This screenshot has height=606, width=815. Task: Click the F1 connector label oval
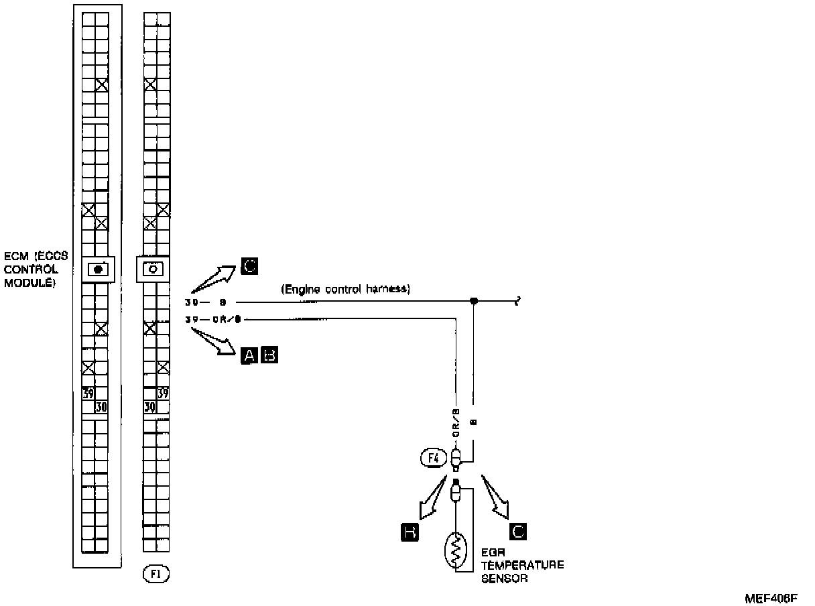click(155, 574)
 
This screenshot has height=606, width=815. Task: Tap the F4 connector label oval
click(433, 459)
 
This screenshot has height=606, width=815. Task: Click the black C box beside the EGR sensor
click(518, 532)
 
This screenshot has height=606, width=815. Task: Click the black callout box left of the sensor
click(410, 532)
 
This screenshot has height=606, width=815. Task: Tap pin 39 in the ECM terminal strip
click(88, 393)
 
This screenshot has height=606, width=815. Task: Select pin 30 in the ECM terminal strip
click(101, 406)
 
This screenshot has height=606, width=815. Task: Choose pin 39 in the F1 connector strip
click(163, 393)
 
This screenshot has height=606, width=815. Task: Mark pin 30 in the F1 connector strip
click(149, 406)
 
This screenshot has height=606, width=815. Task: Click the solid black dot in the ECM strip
click(99, 269)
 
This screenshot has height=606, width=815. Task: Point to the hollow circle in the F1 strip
click(153, 269)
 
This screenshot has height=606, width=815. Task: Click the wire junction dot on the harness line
click(474, 302)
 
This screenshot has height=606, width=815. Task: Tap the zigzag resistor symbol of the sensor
click(456, 550)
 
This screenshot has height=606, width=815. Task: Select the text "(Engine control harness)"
click(346, 290)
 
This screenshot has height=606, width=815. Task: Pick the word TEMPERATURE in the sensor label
click(523, 565)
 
